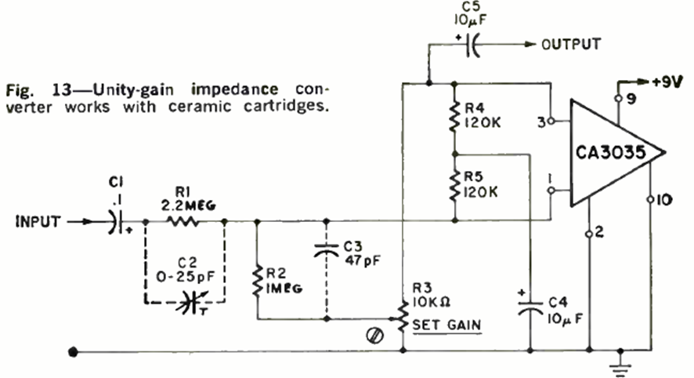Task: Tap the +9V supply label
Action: tap(667, 81)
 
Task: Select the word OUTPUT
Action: tap(569, 44)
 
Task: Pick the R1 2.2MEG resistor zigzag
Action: tap(184, 222)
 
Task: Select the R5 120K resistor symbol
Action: tap(454, 186)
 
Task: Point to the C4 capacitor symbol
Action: tap(530, 307)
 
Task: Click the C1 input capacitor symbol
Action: tap(116, 222)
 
